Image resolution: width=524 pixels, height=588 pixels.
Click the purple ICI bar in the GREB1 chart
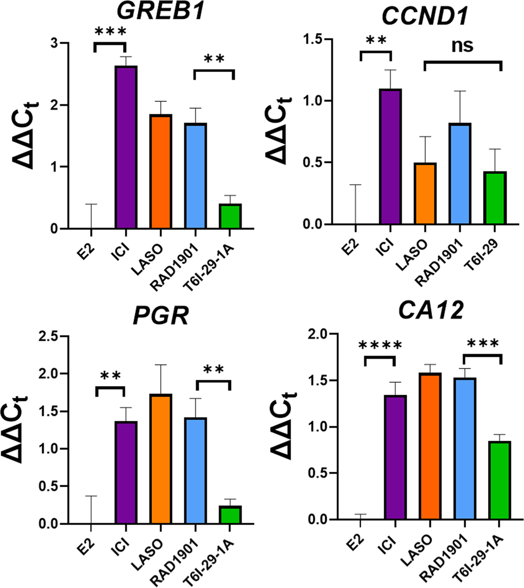126,147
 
